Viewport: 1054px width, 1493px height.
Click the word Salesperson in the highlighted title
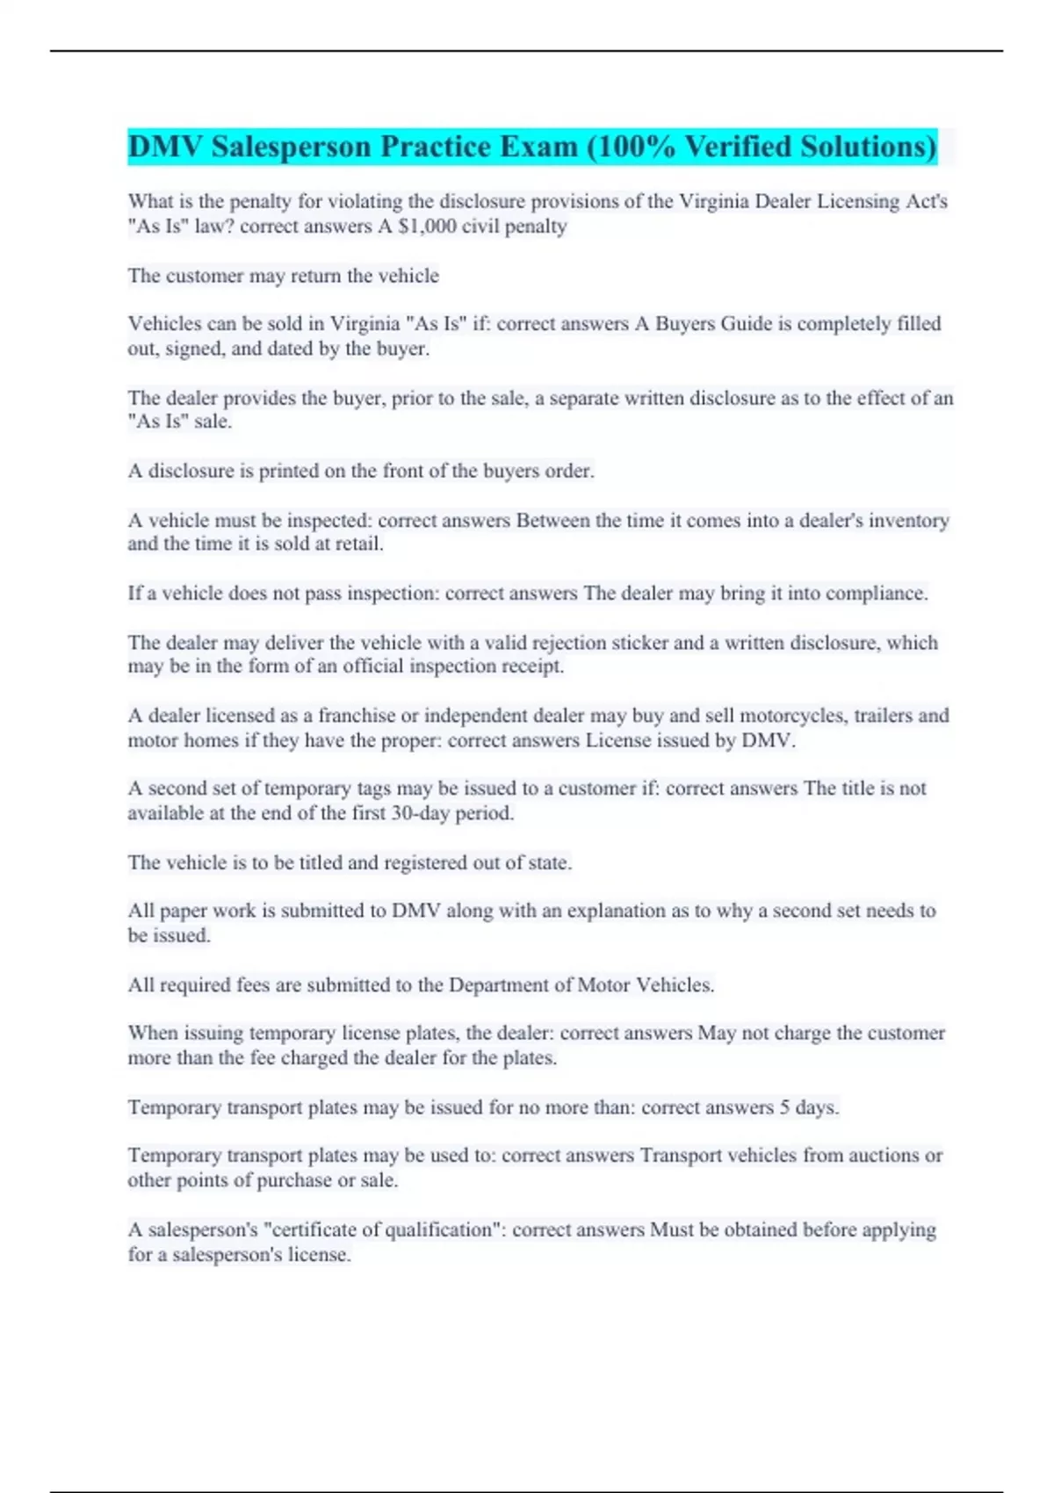coord(290,147)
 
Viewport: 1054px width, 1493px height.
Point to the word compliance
coord(870,594)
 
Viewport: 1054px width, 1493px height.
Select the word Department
coord(498,985)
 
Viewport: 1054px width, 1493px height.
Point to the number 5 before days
coord(784,1107)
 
